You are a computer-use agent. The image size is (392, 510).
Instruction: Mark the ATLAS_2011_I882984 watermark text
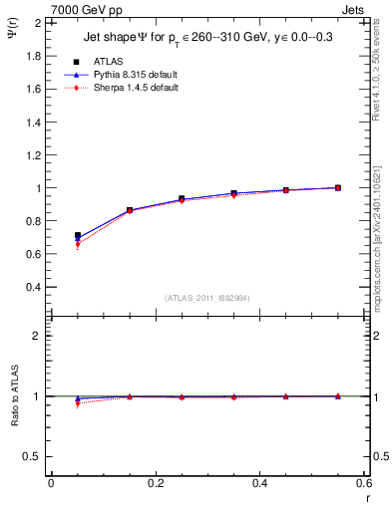[207, 299]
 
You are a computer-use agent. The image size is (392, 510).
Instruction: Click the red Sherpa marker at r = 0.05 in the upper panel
[77, 245]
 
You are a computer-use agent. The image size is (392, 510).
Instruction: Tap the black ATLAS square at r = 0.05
[77, 236]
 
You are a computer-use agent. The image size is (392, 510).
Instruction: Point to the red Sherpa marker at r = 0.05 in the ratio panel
[77, 403]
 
